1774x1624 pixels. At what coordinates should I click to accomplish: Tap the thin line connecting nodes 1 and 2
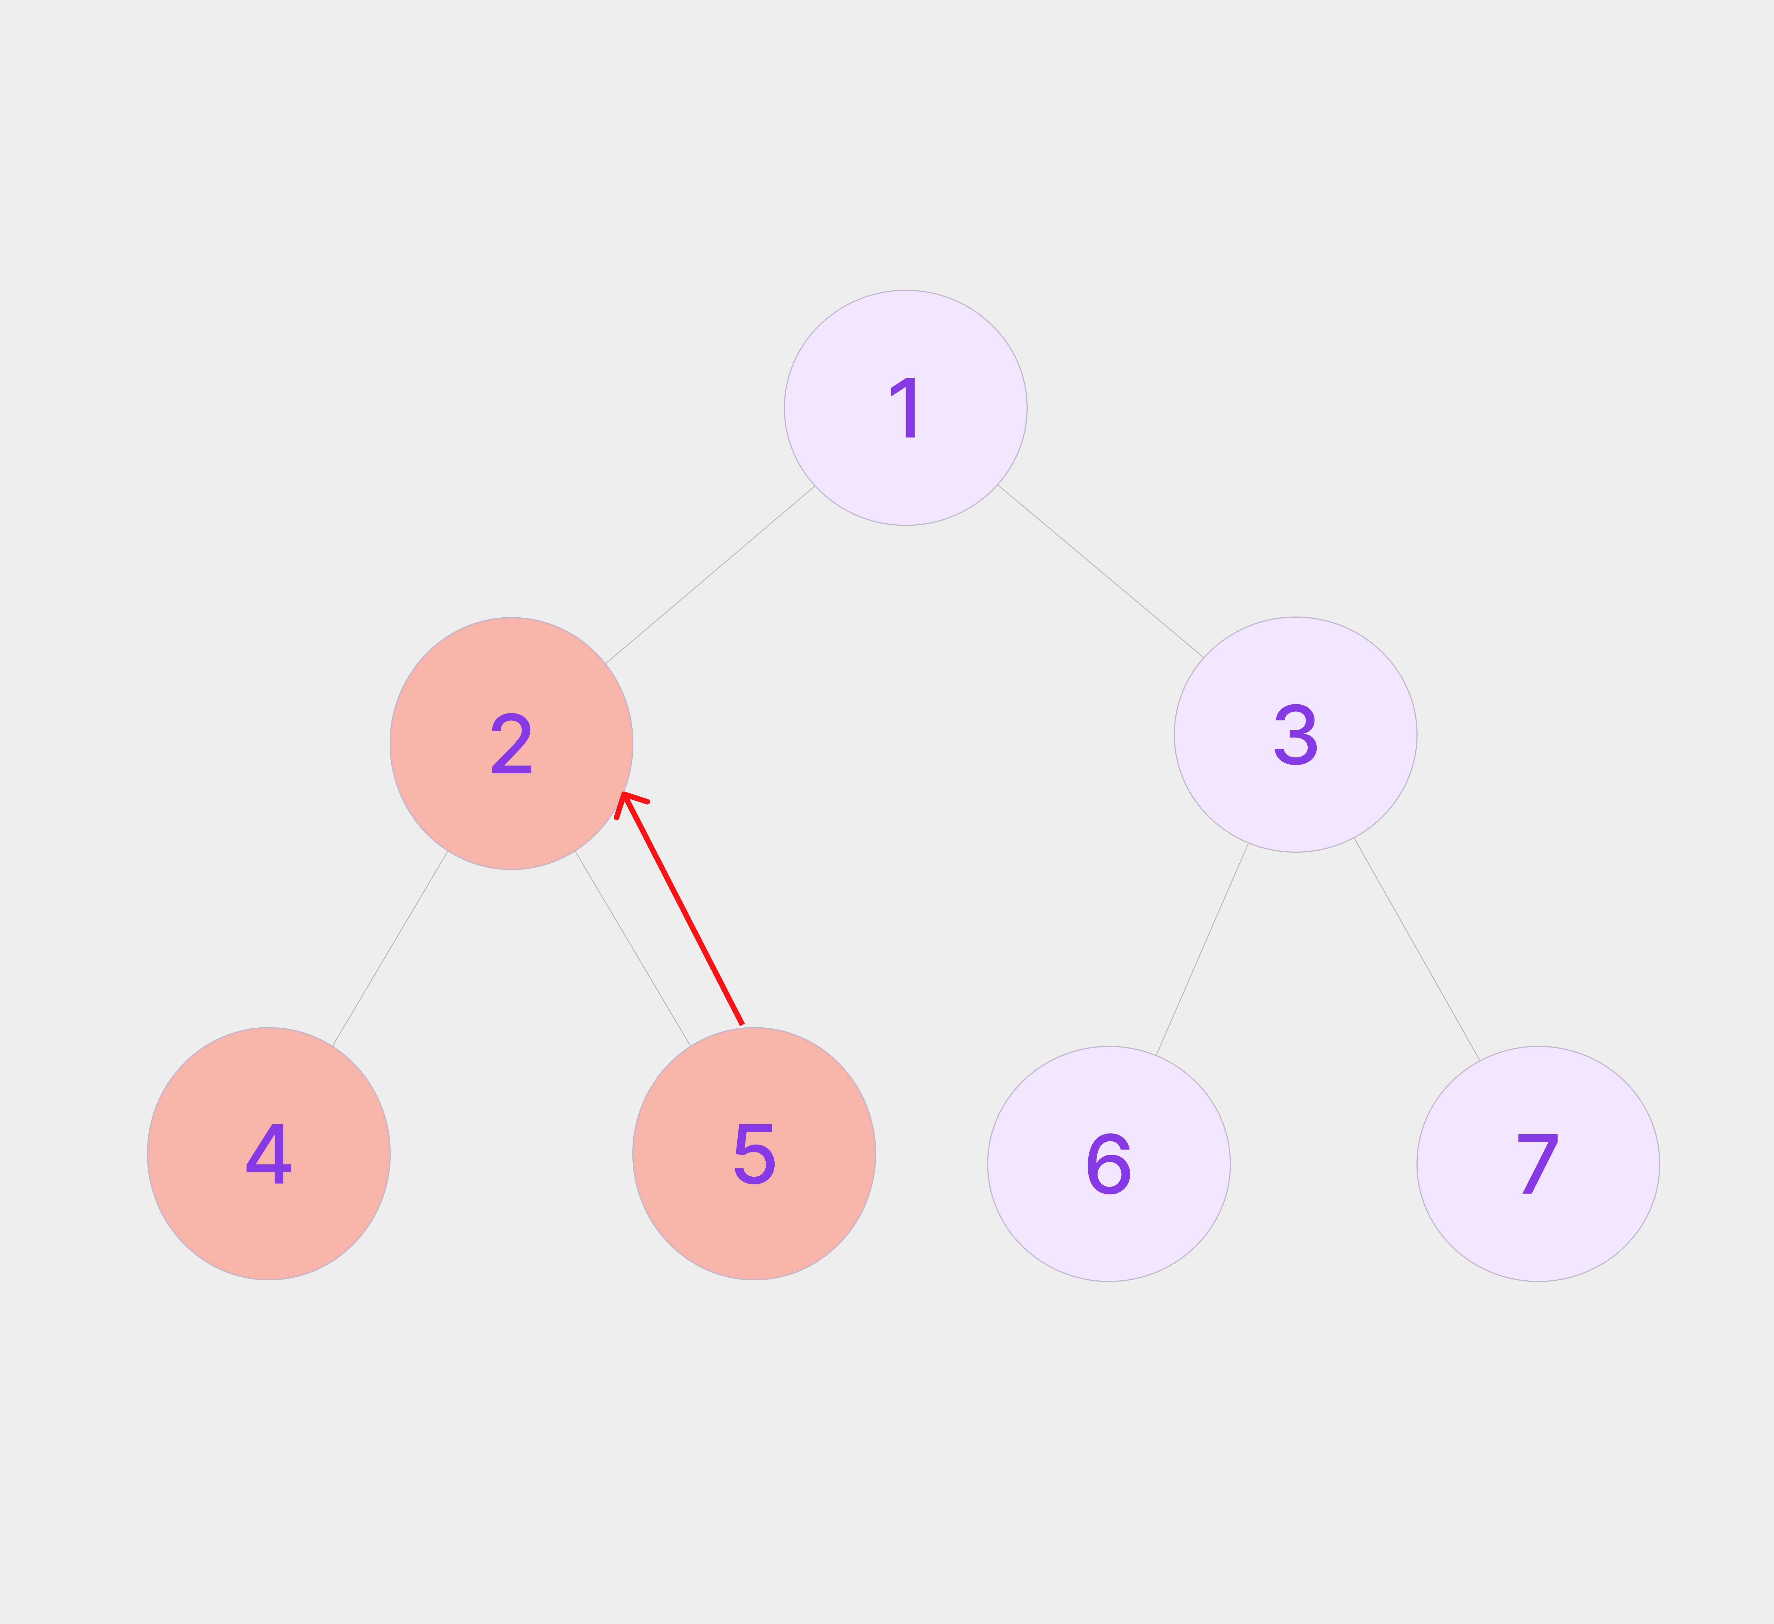pyautogui.click(x=710, y=574)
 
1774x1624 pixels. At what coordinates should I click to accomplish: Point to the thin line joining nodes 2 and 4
pyautogui.click(x=390, y=948)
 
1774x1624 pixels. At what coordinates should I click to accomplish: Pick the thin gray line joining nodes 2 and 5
pyautogui.click(x=633, y=948)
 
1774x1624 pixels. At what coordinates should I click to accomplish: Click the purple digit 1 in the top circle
pyautogui.click(x=906, y=408)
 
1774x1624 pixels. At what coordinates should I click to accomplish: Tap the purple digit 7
pyautogui.click(x=1538, y=1164)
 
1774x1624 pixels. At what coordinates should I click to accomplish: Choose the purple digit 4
pyautogui.click(x=268, y=1153)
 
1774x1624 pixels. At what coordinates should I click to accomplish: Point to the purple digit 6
pyautogui.click(x=1109, y=1164)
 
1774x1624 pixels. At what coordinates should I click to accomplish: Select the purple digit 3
pyautogui.click(x=1295, y=735)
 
